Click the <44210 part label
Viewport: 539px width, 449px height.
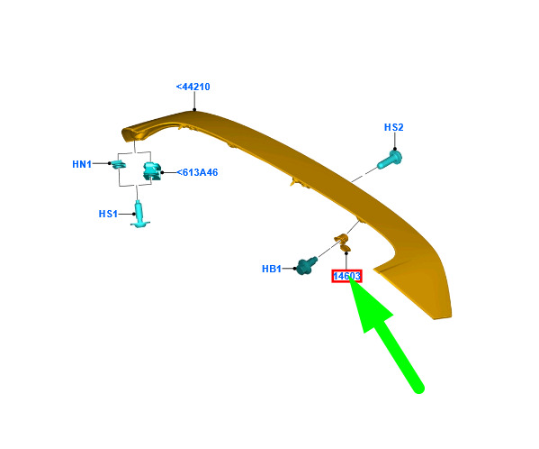tap(193, 87)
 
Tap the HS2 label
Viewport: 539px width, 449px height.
tap(393, 127)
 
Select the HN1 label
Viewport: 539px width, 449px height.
tap(82, 164)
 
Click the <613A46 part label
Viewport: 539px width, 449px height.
tap(197, 172)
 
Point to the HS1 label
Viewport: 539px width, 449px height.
tap(108, 214)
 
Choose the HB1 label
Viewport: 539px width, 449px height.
tap(272, 269)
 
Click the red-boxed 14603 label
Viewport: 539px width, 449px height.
tap(346, 276)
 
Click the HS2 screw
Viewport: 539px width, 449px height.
tap(390, 160)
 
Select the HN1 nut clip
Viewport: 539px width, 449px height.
tap(119, 164)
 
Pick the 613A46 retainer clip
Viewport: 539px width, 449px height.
tap(152, 170)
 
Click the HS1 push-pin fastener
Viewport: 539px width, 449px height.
tap(139, 215)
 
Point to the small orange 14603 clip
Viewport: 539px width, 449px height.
tap(343, 242)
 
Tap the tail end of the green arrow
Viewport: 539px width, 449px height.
tap(419, 389)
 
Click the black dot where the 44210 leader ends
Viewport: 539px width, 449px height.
tap(194, 110)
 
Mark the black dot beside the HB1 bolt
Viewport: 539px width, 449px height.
tap(294, 269)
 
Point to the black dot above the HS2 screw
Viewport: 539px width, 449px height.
tap(395, 149)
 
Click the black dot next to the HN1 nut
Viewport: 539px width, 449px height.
tap(110, 163)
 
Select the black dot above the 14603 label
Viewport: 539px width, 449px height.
tap(346, 253)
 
